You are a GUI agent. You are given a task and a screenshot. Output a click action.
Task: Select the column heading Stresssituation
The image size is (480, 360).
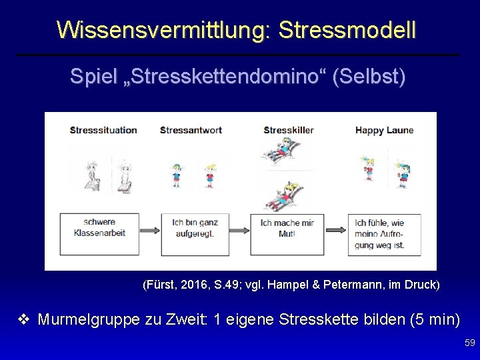pos(103,130)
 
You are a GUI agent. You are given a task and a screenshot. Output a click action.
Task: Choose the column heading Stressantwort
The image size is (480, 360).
pos(190,130)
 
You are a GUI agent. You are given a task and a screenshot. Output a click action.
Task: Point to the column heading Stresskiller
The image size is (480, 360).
pos(289,130)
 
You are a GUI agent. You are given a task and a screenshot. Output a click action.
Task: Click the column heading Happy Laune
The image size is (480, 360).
pos(385,130)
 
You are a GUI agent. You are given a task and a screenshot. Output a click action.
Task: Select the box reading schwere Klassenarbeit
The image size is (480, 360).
pos(99,227)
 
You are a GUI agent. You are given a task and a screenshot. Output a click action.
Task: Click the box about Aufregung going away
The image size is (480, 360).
pos(385,234)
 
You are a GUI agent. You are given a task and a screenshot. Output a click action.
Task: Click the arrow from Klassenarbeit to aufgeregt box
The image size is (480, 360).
pos(150,230)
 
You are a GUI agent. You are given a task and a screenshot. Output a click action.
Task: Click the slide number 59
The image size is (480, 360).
pos(469,343)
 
